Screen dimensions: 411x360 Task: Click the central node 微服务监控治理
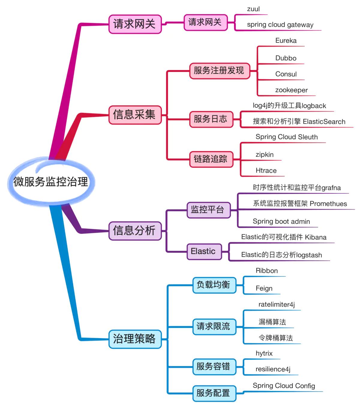click(51, 182)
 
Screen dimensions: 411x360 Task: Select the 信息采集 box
click(135, 115)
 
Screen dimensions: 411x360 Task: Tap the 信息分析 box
click(135, 231)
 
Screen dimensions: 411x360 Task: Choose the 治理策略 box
click(135, 339)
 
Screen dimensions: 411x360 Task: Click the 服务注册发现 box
click(219, 71)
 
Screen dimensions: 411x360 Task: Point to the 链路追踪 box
click(211, 159)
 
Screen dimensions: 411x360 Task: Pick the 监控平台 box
click(208, 210)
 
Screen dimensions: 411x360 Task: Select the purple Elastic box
click(204, 251)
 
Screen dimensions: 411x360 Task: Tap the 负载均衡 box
click(214, 285)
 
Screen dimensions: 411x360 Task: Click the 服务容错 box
click(214, 366)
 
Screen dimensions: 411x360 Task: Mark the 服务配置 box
click(214, 393)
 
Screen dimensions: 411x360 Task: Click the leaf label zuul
click(253, 9)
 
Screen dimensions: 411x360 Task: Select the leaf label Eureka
click(286, 41)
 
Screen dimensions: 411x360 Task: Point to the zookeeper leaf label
click(291, 90)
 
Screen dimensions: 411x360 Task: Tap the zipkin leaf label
click(264, 155)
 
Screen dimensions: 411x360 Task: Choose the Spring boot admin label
click(281, 222)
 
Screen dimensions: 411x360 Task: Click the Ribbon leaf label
click(266, 271)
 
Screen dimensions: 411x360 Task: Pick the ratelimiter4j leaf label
click(276, 305)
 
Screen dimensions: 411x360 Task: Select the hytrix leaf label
click(264, 353)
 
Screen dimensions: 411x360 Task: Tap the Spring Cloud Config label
click(284, 386)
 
